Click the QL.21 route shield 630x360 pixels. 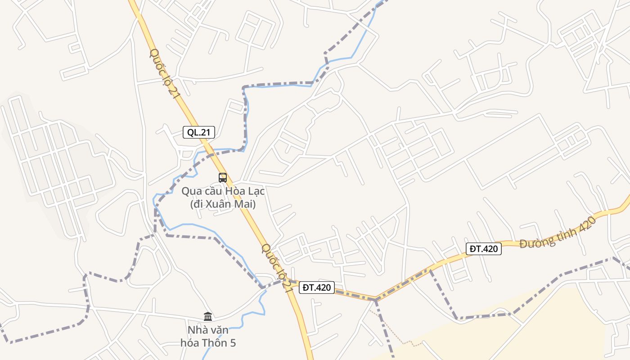199,132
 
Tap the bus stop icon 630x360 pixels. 223,177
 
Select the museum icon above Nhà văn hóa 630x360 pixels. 208,316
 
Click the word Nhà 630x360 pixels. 197,330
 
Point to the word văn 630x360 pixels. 219,330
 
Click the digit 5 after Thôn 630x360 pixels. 233,343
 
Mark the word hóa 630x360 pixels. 189,343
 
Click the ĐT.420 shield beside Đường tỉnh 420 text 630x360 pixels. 484,248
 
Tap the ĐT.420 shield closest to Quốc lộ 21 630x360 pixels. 316,288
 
